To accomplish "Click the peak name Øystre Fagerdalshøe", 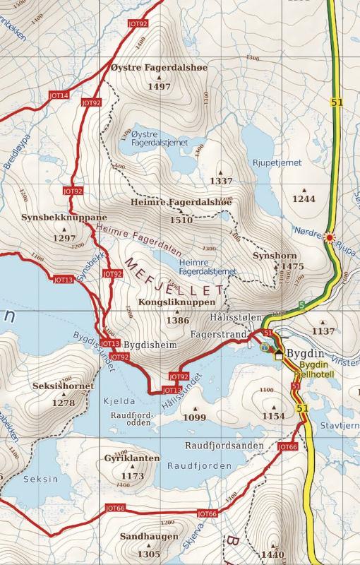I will [x=160, y=69].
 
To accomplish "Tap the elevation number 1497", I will [x=160, y=86].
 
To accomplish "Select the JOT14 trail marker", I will [x=59, y=95].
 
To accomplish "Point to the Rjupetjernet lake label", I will [x=277, y=162].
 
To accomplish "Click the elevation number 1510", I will [x=181, y=220].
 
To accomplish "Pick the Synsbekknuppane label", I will [x=64, y=217].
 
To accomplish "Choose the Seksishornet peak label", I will [x=63, y=386].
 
